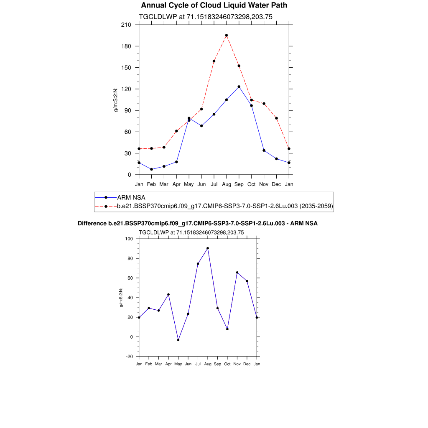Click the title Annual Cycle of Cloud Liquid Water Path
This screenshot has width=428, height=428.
[x=214, y=5]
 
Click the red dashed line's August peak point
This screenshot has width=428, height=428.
[x=227, y=36]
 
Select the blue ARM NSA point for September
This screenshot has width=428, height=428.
[x=239, y=87]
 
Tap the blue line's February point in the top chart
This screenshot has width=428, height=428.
[x=152, y=169]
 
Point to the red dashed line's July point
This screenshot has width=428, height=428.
[x=214, y=61]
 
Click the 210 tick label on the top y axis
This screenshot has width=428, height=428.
[x=126, y=25]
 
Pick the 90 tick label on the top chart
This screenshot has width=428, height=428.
[x=128, y=110]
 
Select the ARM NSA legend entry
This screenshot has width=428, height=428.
[x=131, y=197]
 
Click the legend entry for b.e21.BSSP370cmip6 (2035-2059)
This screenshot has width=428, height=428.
[x=225, y=206]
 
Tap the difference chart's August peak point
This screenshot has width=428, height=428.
[x=208, y=248]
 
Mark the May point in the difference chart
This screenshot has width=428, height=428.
[x=178, y=340]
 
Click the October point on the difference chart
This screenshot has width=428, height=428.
[x=227, y=329]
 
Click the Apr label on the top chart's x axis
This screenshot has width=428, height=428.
[x=177, y=184]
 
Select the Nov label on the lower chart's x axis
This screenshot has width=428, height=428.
[x=237, y=364]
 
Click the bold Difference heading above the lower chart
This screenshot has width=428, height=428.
[x=198, y=224]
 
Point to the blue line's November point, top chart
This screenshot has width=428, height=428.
[x=264, y=150]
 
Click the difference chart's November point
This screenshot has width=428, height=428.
[x=237, y=273]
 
